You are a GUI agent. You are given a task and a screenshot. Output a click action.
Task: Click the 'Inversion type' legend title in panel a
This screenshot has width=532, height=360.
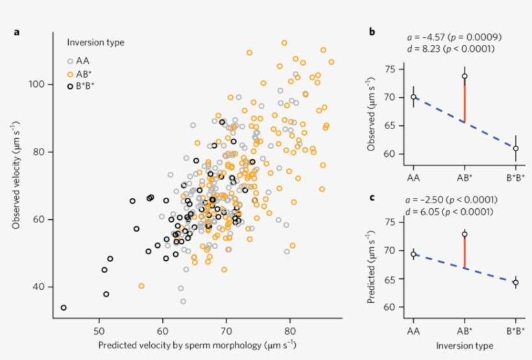point(96,43)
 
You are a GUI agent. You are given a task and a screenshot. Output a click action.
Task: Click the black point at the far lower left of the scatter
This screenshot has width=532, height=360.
point(64,307)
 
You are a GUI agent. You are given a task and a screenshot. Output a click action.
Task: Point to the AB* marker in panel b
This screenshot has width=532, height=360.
point(465,76)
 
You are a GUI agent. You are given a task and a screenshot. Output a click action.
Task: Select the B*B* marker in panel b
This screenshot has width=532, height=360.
point(516,149)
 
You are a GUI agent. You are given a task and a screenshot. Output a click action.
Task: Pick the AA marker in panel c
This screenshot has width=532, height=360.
point(413,254)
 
